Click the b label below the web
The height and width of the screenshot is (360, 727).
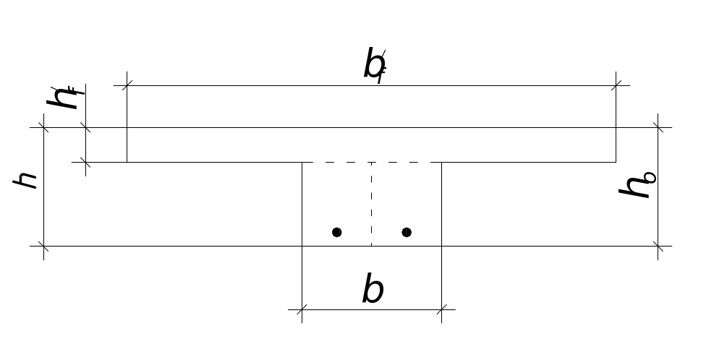click(373, 290)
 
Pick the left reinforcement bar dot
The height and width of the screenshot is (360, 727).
click(337, 232)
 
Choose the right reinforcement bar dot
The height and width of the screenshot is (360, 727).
click(407, 232)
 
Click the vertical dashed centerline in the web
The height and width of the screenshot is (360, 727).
click(372, 202)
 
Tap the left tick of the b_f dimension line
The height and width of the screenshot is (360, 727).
click(127, 85)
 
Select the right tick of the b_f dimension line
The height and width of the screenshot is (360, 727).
click(616, 85)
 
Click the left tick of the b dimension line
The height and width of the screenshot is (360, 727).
click(302, 310)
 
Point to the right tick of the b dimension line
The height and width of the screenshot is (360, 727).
click(441, 310)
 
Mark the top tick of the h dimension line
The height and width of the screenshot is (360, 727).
click(44, 128)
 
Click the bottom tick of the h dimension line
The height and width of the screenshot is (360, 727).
click(44, 247)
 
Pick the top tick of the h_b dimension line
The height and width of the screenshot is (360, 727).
click(658, 128)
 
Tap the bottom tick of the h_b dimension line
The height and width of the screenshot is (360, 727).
click(658, 247)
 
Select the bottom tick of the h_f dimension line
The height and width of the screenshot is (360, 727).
click(86, 163)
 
